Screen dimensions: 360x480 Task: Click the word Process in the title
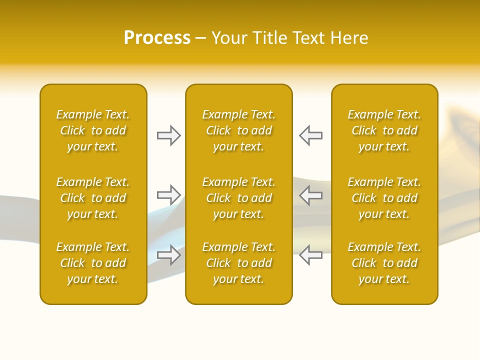click(157, 38)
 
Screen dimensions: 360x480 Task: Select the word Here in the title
click(349, 38)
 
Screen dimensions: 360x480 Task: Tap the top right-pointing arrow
click(168, 135)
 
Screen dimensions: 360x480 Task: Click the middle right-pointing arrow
click(168, 195)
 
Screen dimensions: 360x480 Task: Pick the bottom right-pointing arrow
click(168, 255)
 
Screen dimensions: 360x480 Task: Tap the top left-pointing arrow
click(311, 135)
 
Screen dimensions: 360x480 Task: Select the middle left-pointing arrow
click(311, 195)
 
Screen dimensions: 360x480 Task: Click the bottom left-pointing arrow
click(311, 255)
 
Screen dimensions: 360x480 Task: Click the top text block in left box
click(93, 130)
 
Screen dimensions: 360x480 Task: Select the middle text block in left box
click(93, 198)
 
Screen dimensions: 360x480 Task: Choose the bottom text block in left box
click(93, 263)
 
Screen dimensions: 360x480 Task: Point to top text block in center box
click(238, 130)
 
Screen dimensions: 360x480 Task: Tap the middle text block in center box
click(238, 198)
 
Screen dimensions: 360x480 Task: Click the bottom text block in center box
click(238, 263)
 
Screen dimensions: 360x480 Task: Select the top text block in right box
click(384, 130)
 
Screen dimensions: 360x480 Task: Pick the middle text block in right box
click(384, 198)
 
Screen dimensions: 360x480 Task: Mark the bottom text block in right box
click(384, 263)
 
